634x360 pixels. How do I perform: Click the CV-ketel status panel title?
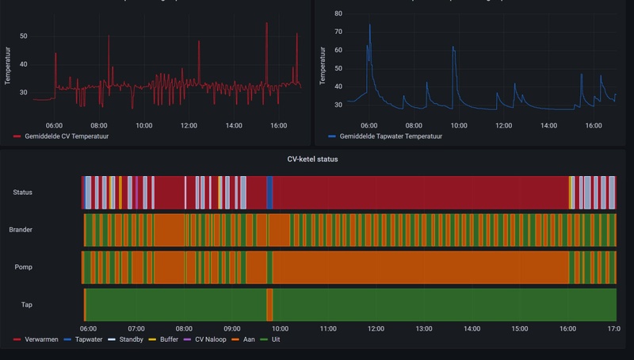tap(312, 159)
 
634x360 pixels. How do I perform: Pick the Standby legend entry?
tap(131, 339)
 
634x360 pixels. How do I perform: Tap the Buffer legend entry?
tap(168, 339)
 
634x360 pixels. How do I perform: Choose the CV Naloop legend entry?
tap(212, 339)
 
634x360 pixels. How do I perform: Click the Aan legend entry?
tap(253, 339)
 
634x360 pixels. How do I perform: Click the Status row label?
tap(23, 192)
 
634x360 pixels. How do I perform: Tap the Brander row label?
tap(21, 230)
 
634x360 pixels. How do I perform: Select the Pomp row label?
tap(21, 267)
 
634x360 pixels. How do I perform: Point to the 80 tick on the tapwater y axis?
tap(338, 14)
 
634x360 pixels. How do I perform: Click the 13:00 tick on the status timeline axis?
tap(423, 328)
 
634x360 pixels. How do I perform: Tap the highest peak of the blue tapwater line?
tap(369, 25)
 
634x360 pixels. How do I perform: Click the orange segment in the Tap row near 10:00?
tap(269, 304)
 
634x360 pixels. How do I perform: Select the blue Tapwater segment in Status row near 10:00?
tap(269, 192)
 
